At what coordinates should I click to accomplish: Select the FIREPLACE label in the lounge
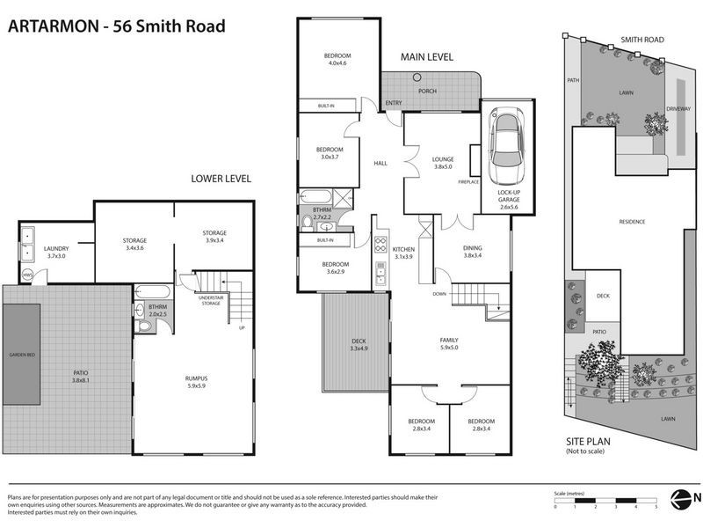(468, 181)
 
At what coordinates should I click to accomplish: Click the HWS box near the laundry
(27, 275)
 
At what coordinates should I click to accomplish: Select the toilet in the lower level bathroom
(147, 325)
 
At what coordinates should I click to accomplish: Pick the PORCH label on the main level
(427, 92)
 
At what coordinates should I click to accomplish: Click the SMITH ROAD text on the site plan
(641, 39)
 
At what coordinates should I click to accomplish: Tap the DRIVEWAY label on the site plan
(678, 108)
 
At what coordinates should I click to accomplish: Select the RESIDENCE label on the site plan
(632, 221)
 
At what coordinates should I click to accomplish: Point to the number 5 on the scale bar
(656, 507)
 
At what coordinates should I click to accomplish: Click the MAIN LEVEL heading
(427, 56)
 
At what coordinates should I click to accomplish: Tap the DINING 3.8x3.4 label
(473, 251)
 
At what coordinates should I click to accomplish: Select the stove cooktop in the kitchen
(382, 246)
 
